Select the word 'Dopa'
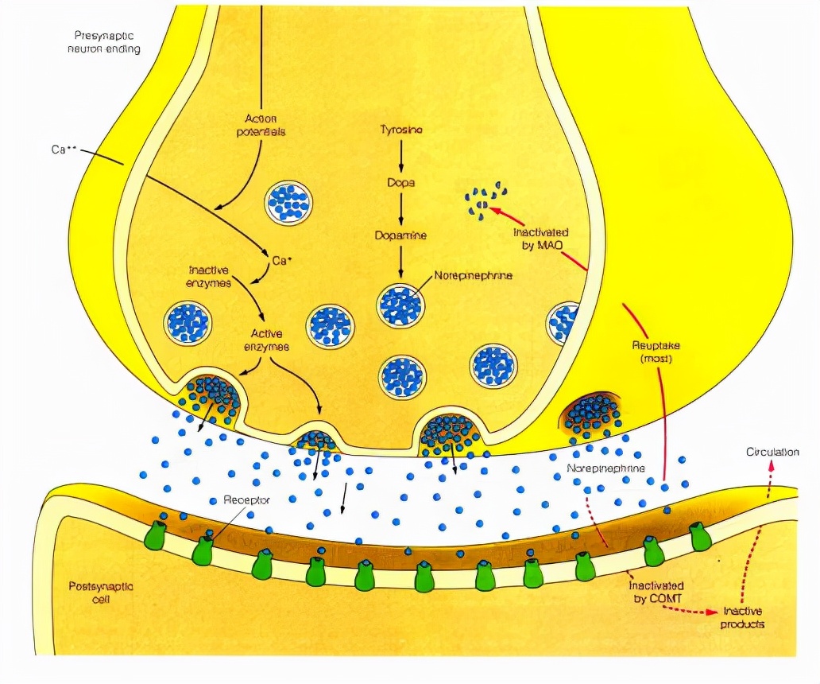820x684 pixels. (x=401, y=182)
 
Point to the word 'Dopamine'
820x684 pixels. (x=401, y=235)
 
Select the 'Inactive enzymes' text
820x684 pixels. (x=210, y=276)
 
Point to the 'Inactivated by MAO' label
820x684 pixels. (x=540, y=239)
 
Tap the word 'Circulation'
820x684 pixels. (x=772, y=453)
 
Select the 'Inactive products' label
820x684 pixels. (x=744, y=617)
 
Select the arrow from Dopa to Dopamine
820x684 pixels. (x=401, y=208)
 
